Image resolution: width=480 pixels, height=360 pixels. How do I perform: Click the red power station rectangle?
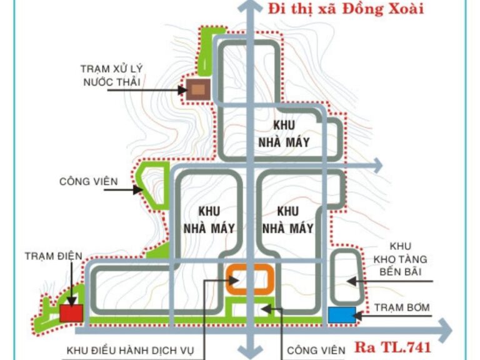click(x=71, y=313)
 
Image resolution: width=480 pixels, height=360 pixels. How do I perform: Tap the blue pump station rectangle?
click(x=342, y=315)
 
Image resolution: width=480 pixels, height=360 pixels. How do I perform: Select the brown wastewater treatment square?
click(x=198, y=89)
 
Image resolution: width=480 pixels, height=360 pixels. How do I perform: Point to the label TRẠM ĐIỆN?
click(x=54, y=256)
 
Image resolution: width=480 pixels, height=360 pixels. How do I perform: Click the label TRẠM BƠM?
click(x=402, y=307)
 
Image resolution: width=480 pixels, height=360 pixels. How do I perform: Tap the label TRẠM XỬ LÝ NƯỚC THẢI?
click(x=112, y=75)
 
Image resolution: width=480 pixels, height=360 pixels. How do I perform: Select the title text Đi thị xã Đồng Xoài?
click(x=346, y=9)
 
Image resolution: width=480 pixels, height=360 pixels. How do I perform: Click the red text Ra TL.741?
click(x=392, y=347)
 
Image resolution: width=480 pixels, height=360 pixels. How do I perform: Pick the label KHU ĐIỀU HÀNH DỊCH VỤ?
click(x=130, y=351)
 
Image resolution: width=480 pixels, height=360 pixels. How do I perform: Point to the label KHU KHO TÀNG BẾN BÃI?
click(x=400, y=259)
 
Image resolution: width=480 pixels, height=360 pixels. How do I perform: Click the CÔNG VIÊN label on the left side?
click(x=89, y=181)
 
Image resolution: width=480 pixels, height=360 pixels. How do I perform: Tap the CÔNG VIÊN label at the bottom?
click(x=316, y=350)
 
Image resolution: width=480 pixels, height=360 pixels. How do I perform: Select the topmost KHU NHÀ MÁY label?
click(x=284, y=134)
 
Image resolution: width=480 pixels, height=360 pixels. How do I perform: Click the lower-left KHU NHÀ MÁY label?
click(x=209, y=220)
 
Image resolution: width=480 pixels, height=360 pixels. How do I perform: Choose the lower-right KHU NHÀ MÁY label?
click(x=287, y=220)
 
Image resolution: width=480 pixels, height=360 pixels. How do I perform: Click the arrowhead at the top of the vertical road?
click(x=251, y=7)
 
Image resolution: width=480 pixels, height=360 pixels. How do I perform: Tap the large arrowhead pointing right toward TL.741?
click(x=445, y=331)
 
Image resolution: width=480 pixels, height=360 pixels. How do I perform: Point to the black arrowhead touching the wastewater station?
click(x=182, y=90)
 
